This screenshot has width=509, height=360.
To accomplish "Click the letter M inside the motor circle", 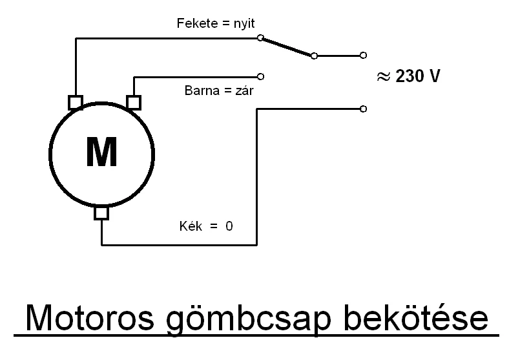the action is click(101, 153).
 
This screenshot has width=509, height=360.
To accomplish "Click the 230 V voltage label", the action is click(418, 76).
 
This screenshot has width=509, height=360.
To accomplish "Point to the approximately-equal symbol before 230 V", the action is click(384, 76).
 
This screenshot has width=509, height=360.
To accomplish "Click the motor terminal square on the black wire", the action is click(76, 102).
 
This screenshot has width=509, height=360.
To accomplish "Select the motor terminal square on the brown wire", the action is click(134, 102).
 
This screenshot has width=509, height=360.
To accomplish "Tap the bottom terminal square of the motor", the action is click(101, 213).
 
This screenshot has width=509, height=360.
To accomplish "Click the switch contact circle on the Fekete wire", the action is click(260, 38).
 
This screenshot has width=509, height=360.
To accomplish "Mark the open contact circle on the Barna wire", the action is click(260, 76).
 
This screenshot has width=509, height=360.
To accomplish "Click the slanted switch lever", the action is click(287, 47).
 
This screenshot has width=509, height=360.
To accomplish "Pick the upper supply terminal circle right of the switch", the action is click(363, 56).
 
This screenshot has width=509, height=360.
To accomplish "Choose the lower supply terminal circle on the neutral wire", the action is click(363, 109).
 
